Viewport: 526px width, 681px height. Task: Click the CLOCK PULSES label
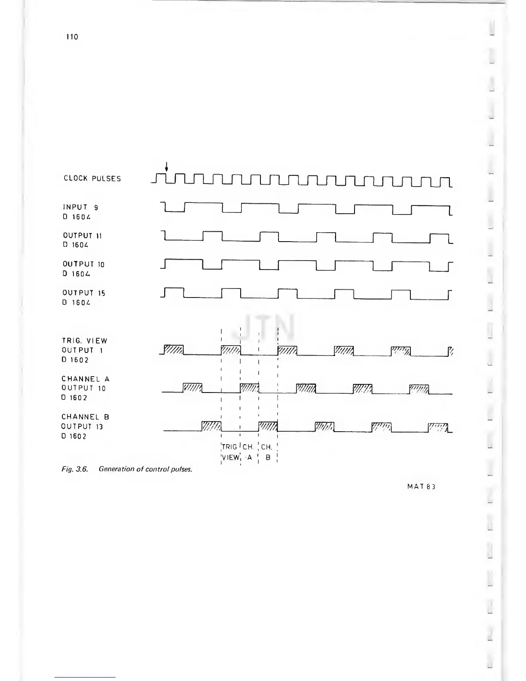click(x=92, y=178)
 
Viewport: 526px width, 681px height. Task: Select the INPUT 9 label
click(x=80, y=207)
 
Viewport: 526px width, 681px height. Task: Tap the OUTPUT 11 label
click(x=82, y=236)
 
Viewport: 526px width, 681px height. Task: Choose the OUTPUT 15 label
click(x=84, y=293)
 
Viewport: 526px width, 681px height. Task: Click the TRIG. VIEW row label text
click(x=84, y=341)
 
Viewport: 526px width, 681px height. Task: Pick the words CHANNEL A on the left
click(x=86, y=379)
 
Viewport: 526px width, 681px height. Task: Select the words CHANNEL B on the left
click(x=85, y=417)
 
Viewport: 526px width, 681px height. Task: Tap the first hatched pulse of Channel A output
click(x=193, y=388)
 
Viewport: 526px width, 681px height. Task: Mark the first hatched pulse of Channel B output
click(x=211, y=426)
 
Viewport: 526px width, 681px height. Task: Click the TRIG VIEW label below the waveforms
click(x=230, y=452)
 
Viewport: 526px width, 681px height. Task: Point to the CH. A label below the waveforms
click(x=248, y=452)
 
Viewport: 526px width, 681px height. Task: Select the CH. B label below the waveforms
click(x=267, y=452)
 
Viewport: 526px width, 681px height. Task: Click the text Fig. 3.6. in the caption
click(x=75, y=469)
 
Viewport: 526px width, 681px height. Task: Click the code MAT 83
click(x=422, y=487)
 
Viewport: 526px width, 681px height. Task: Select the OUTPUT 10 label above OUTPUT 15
click(x=83, y=264)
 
